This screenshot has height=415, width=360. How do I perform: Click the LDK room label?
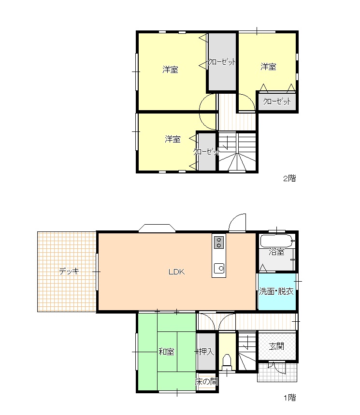(x=176, y=272)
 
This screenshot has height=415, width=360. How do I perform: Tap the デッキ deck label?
(x=69, y=272)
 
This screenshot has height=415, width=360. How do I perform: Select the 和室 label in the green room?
(x=167, y=352)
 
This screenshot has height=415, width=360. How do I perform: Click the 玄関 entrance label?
(x=276, y=346)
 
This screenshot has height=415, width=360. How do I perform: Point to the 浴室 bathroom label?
(x=276, y=252)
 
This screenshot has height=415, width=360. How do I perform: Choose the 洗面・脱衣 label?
(x=276, y=291)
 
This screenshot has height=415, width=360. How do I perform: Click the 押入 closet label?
(x=206, y=352)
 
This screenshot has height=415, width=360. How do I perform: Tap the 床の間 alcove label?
(x=207, y=381)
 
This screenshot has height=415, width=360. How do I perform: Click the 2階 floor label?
(x=289, y=178)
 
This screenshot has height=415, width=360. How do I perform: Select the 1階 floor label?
(x=290, y=398)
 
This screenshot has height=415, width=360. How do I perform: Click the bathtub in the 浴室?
(x=277, y=241)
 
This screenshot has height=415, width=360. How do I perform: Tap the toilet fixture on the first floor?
(x=227, y=363)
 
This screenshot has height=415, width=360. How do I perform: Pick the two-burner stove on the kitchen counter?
(x=219, y=243)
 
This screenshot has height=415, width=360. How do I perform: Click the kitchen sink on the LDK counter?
(x=219, y=269)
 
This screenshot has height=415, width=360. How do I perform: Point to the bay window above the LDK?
(x=157, y=228)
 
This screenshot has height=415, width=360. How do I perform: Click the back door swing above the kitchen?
(x=237, y=223)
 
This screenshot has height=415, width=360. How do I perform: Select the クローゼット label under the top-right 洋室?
(x=277, y=101)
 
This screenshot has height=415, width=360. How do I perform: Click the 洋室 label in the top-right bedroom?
(x=268, y=67)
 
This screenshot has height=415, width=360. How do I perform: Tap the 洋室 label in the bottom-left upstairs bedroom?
(x=173, y=139)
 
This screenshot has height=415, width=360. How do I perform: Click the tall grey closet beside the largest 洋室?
(x=222, y=62)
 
